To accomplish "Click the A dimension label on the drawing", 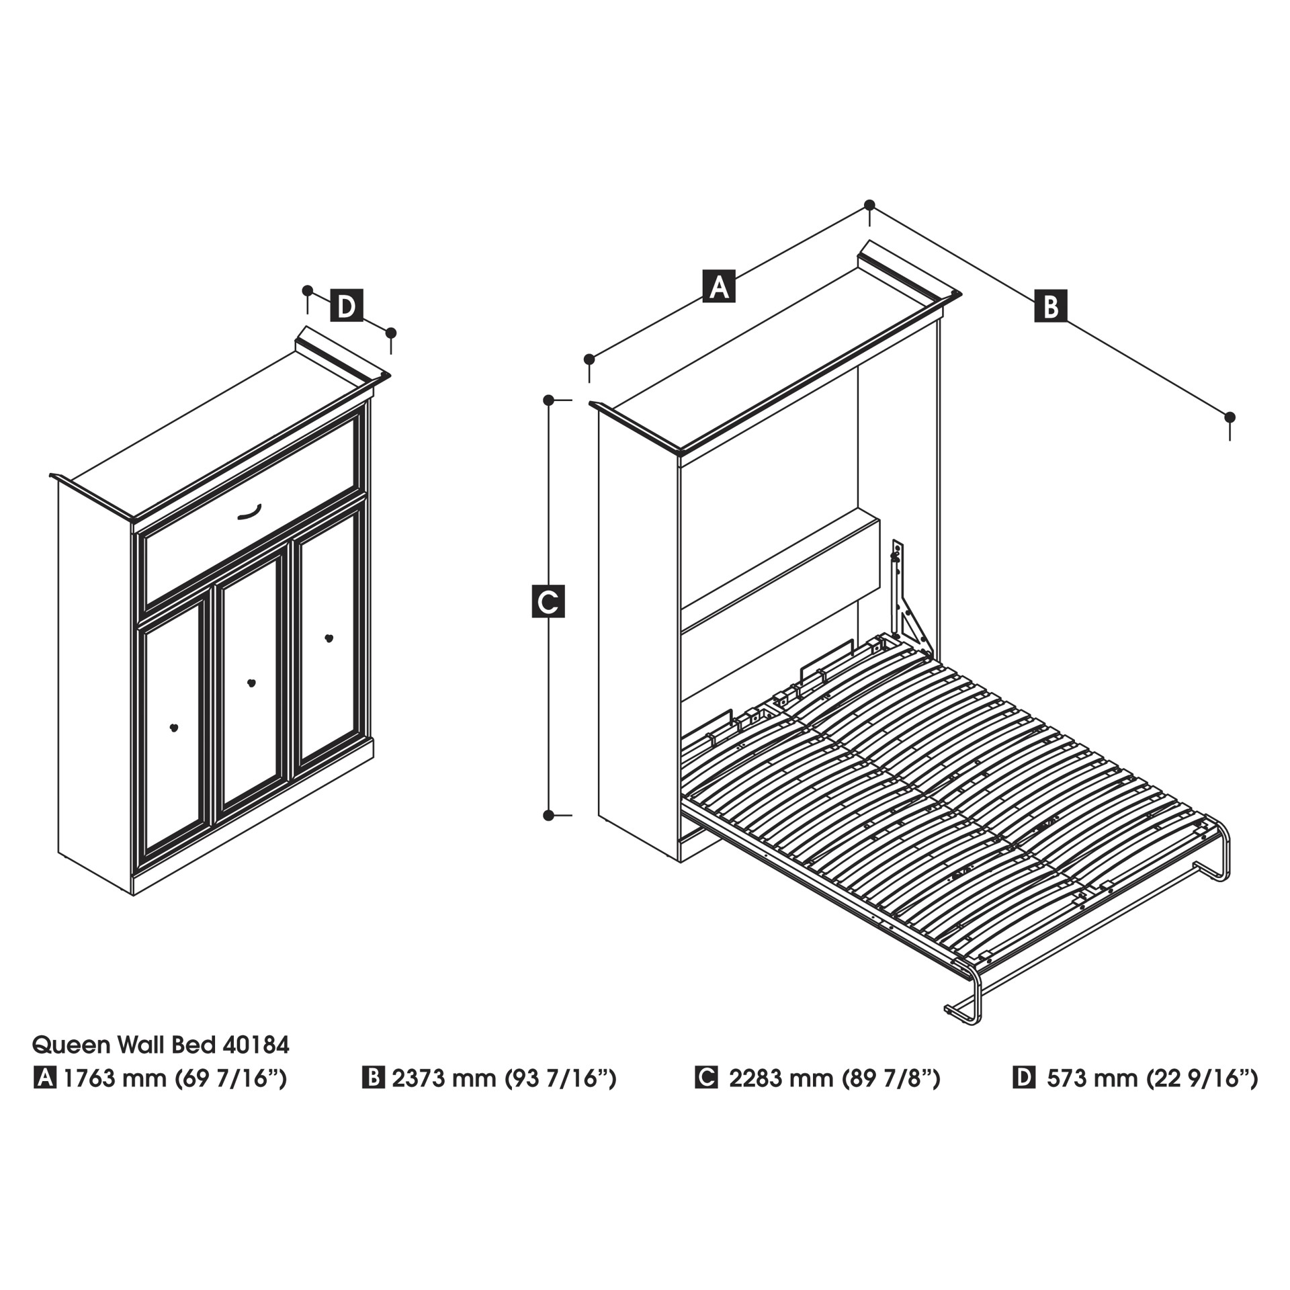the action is pos(719,286).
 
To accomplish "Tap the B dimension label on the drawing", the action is pos(1051,306).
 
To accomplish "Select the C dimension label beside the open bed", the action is pos(548,601).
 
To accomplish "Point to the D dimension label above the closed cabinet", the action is pos(347,306).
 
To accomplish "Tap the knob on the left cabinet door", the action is pos(174,728).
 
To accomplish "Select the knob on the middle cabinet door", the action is pos(251,683).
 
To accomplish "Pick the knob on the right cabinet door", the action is pos(329,638).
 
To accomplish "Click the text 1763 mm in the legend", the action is pos(115,1078).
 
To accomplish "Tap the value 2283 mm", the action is pos(780,1078).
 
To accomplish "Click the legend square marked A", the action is pos(45,1078).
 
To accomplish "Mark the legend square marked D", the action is pos(1024,1078).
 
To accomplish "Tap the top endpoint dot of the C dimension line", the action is pos(548,400).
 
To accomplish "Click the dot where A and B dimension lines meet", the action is pos(869,204).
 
